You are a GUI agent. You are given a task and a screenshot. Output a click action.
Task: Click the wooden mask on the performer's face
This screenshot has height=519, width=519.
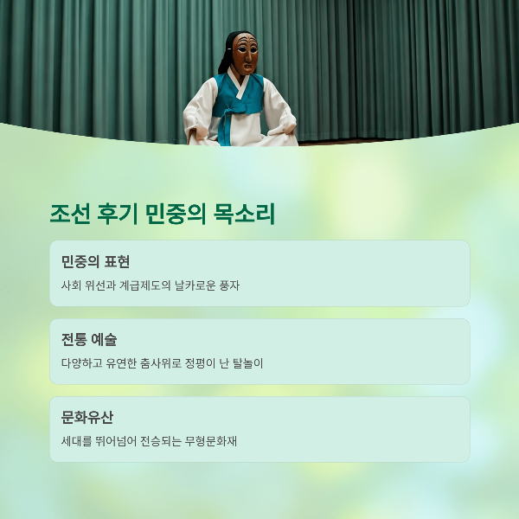pyautogui.click(x=245, y=54)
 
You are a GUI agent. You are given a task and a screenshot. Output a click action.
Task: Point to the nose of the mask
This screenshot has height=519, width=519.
pyautogui.click(x=247, y=56)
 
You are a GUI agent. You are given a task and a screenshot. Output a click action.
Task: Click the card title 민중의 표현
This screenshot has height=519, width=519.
pyautogui.click(x=95, y=261)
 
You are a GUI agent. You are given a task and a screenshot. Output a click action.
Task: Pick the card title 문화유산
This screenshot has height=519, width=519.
pyautogui.click(x=87, y=417)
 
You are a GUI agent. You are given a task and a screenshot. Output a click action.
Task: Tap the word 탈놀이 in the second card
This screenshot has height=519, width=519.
pyautogui.click(x=247, y=363)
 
